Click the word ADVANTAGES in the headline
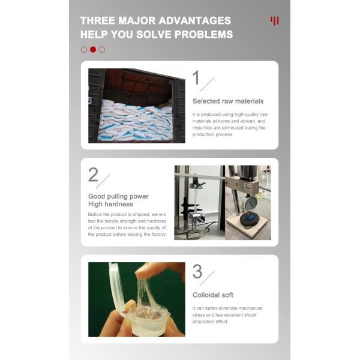point(194,20)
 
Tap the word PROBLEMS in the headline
point(203,35)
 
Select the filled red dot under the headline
point(93,49)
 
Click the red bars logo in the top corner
point(274,21)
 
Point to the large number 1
point(196,77)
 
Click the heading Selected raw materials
point(228,101)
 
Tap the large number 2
point(93,175)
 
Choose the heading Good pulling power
point(118,197)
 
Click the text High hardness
point(110,204)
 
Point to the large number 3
point(197,272)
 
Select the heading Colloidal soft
point(213,295)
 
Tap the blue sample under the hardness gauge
point(250,216)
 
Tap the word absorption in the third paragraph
point(203,322)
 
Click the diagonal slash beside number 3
point(207,278)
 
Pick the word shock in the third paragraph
point(250,315)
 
